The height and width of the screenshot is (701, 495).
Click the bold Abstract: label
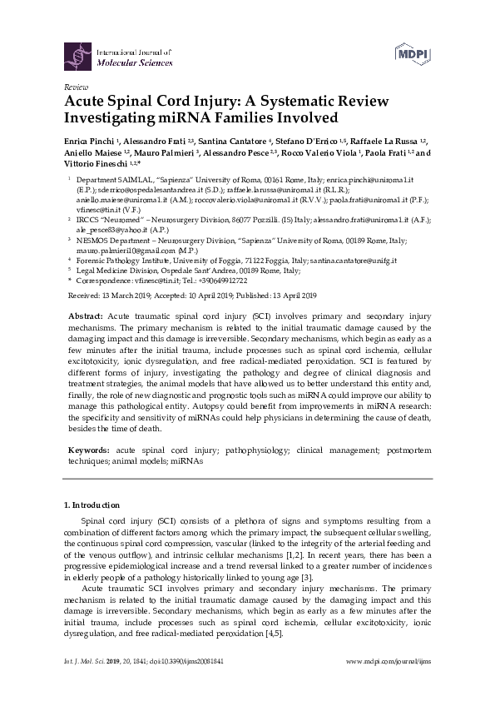click(x=84, y=317)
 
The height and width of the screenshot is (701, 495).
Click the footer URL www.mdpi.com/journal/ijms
click(x=387, y=680)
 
